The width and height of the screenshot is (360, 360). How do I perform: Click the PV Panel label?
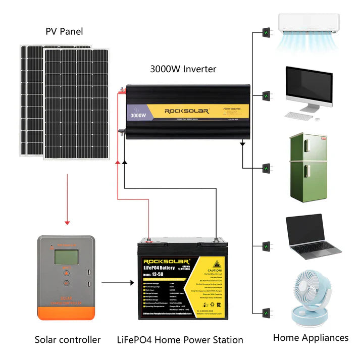[64, 32]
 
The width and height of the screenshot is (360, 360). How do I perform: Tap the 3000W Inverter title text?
[183, 69]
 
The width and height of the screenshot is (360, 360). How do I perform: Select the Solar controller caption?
[68, 340]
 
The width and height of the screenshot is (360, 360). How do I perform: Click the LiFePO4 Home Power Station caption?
[180, 340]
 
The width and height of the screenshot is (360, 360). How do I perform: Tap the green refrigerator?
[307, 167]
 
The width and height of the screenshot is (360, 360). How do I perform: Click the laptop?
[312, 237]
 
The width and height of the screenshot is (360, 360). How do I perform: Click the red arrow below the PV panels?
[67, 202]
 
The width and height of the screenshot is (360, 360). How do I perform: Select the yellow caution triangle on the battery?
[218, 264]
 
